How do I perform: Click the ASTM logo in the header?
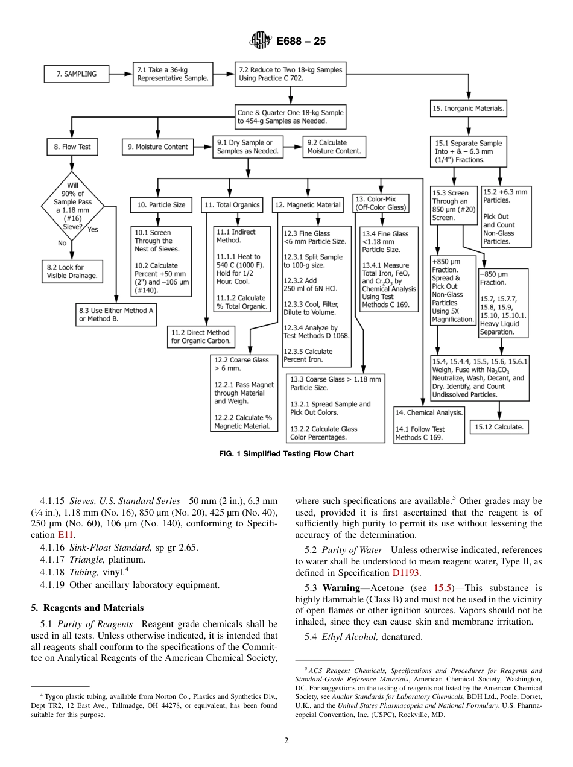(x=261, y=41)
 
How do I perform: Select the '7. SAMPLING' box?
(x=77, y=74)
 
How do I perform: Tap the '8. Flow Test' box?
(x=72, y=147)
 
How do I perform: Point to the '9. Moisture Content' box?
(x=158, y=147)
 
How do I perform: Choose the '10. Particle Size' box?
(x=161, y=205)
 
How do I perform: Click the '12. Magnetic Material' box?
(x=308, y=205)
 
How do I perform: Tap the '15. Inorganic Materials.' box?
(x=468, y=109)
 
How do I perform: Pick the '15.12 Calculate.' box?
(x=499, y=426)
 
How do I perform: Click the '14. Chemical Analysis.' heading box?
(x=429, y=413)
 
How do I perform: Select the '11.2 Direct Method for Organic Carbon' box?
(x=201, y=336)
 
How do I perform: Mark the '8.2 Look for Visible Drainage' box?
(x=72, y=271)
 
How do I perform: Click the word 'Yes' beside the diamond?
(x=92, y=229)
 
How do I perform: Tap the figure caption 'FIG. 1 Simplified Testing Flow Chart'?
(x=286, y=454)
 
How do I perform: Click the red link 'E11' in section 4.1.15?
(x=65, y=535)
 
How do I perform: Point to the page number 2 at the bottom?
(x=286, y=740)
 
